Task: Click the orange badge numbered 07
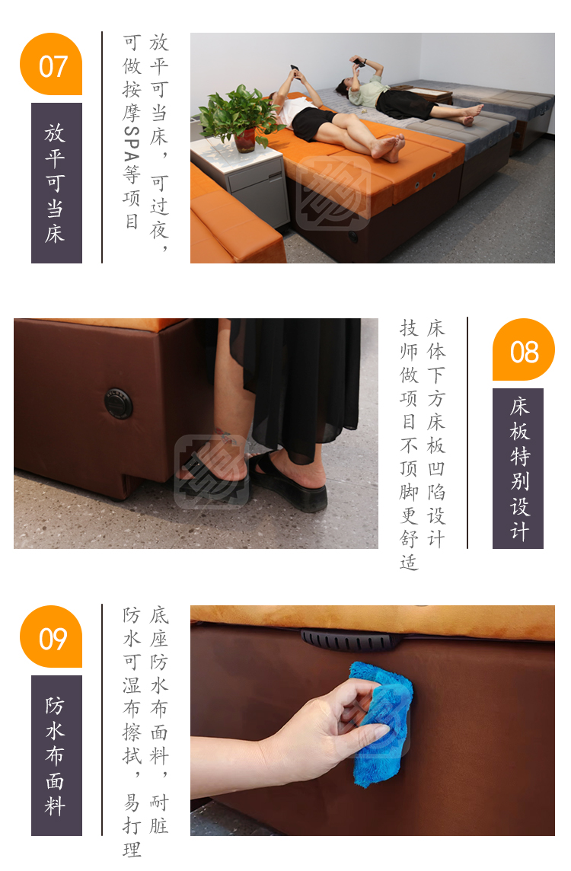51,64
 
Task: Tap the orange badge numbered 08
524,350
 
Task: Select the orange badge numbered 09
51,636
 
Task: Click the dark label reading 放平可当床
56,183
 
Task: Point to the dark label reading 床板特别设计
518,468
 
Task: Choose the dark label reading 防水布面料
56,755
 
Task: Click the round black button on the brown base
118,404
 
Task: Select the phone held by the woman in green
359,62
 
